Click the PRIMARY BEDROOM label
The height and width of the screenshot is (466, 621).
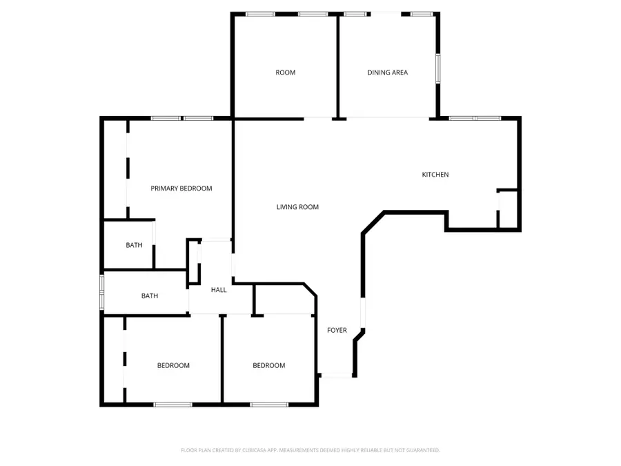click(x=181, y=188)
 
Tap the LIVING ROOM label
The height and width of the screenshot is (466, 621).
click(x=297, y=207)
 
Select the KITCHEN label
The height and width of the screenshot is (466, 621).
click(x=435, y=175)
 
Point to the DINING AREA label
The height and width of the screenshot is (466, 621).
click(x=387, y=72)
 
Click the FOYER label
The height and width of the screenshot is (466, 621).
click(x=337, y=331)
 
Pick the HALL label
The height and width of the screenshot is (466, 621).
click(x=219, y=290)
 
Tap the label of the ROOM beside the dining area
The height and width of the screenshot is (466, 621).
click(x=285, y=72)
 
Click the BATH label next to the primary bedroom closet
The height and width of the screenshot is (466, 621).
click(x=134, y=246)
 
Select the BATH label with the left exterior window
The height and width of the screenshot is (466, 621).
click(x=150, y=296)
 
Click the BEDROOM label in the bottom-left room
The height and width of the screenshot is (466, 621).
click(x=173, y=366)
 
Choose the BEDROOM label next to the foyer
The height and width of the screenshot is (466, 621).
click(x=268, y=366)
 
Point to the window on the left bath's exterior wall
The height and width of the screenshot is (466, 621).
click(x=102, y=293)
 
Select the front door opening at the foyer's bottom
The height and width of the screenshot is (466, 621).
click(x=337, y=376)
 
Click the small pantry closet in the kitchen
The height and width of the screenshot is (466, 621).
click(x=509, y=208)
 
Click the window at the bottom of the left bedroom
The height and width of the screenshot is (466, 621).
click(x=172, y=404)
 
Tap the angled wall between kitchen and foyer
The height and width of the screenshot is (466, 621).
click(x=372, y=223)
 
